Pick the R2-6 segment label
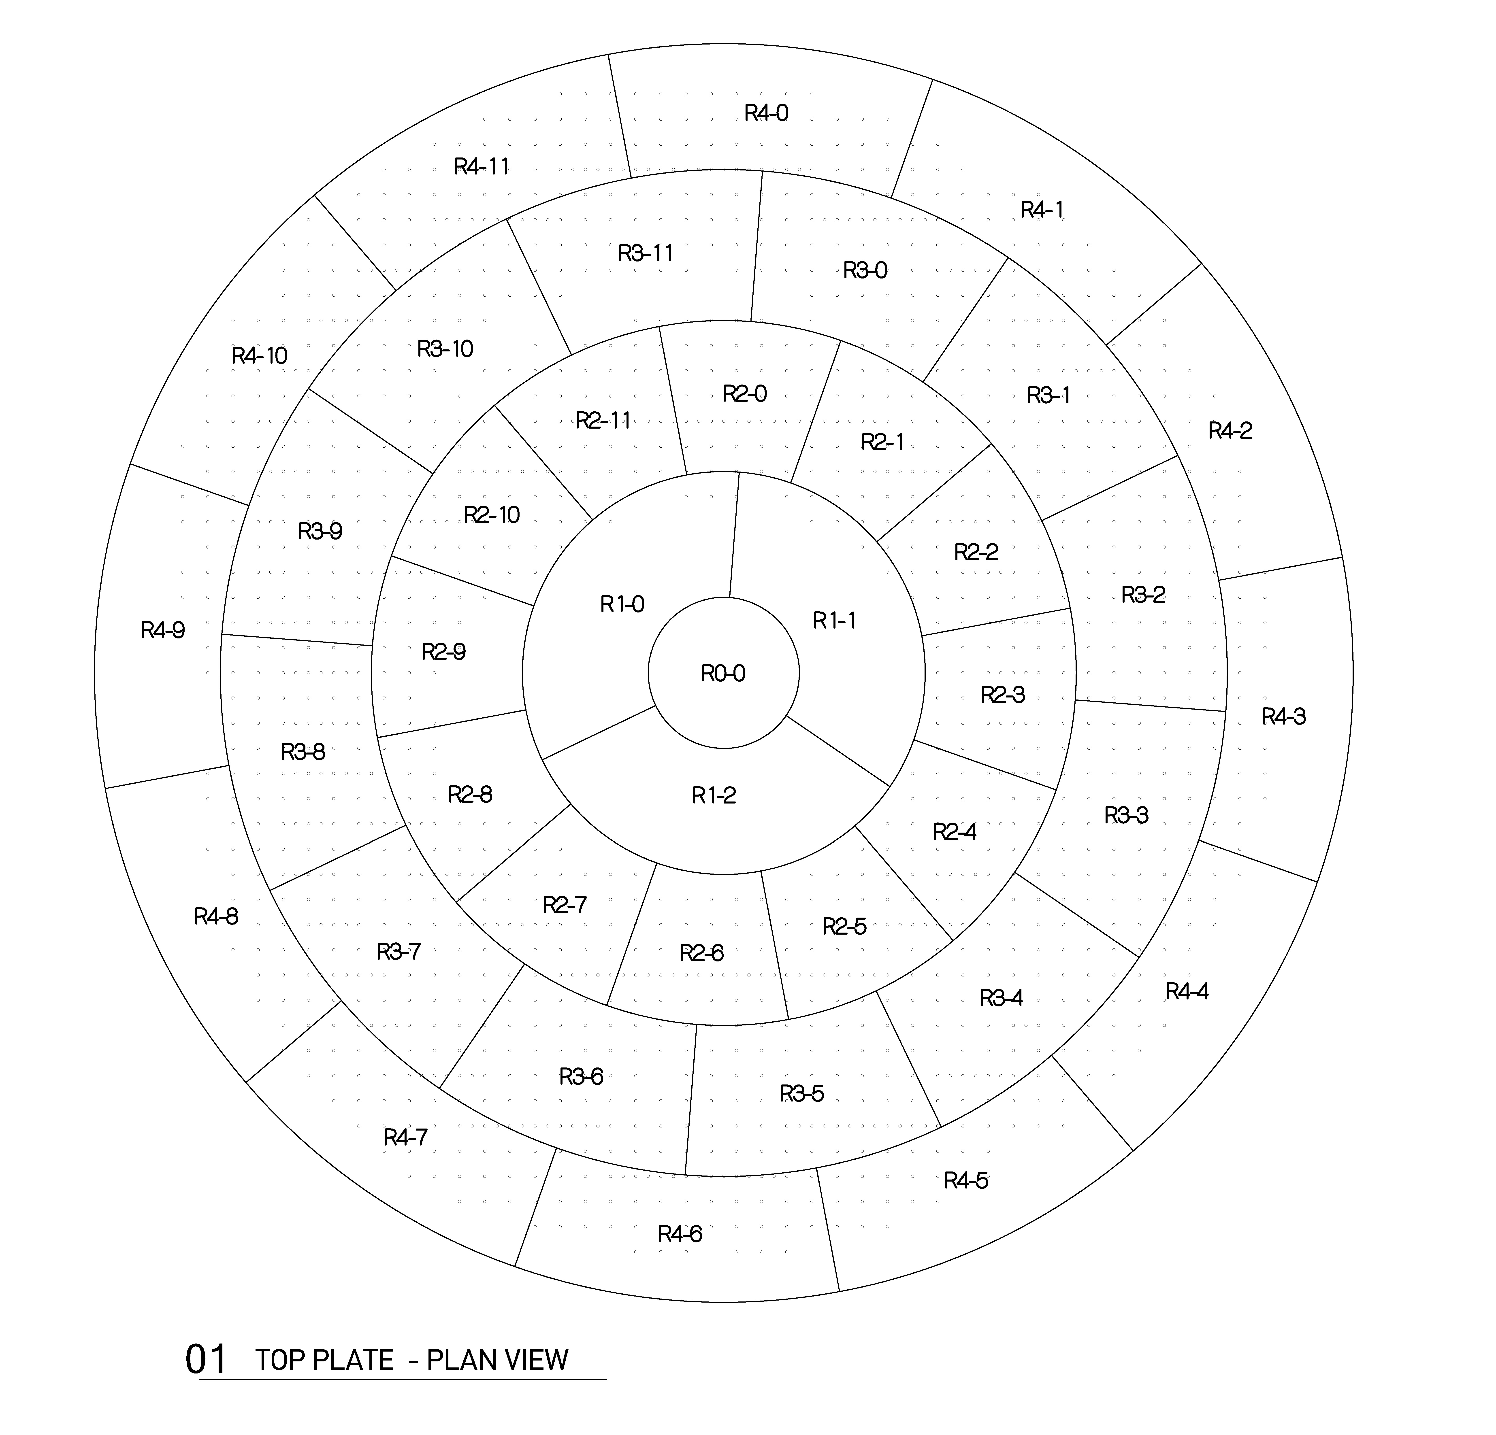point(701,953)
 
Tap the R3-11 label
point(646,253)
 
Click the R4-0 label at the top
point(766,113)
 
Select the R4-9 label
point(163,630)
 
